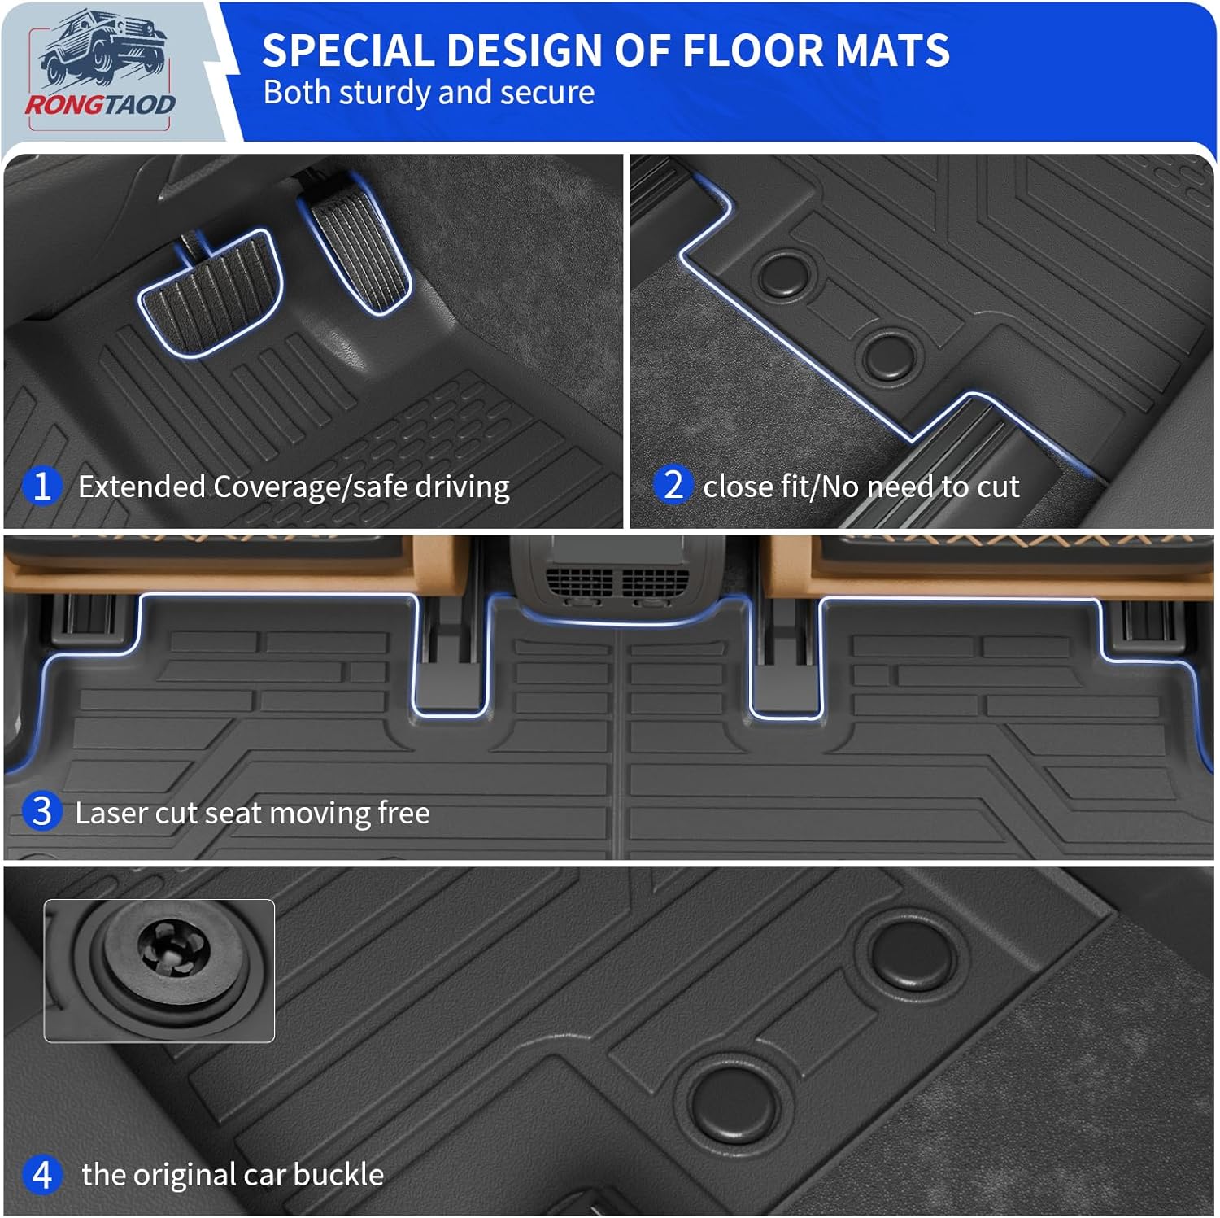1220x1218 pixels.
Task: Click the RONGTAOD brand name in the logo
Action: point(100,105)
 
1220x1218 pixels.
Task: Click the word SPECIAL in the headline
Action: point(347,50)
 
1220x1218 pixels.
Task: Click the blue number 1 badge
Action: point(41,487)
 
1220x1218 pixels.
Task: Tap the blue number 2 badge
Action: point(673,486)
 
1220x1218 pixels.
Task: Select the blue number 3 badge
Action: point(41,812)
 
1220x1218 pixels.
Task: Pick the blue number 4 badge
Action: point(41,1175)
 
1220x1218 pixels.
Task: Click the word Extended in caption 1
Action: point(142,487)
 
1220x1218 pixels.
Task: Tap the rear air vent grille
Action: point(617,581)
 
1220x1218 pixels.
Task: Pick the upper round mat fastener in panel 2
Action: point(786,273)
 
